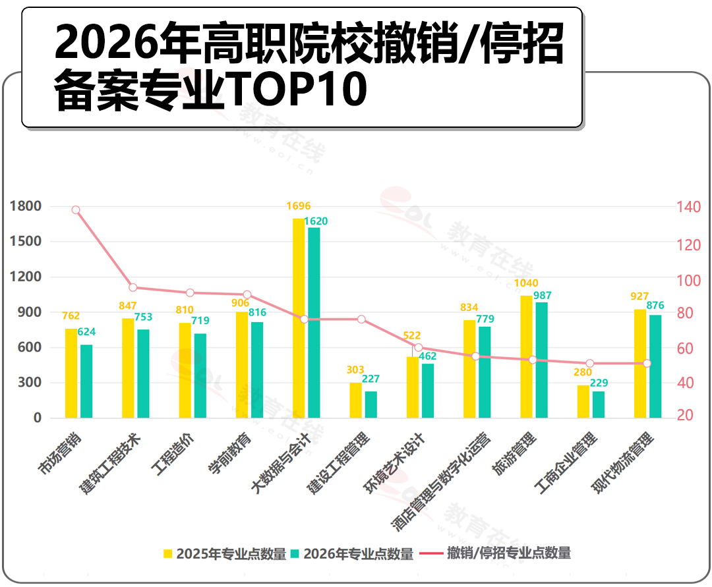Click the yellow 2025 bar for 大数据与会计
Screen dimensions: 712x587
click(299, 318)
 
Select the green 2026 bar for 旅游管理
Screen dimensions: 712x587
click(541, 360)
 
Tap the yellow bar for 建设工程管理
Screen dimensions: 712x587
click(355, 400)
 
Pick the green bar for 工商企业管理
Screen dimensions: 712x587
click(599, 405)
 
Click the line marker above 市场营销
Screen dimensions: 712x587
click(76, 210)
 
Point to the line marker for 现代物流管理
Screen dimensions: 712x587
click(647, 364)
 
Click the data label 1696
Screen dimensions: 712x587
click(299, 206)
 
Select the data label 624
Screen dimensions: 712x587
click(86, 331)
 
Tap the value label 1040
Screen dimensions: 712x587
click(526, 283)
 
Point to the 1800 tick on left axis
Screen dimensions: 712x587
click(26, 206)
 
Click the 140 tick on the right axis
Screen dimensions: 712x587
click(689, 207)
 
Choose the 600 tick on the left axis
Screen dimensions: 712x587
click(30, 347)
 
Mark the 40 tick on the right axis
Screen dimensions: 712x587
click(685, 382)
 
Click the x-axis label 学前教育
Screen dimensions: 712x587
click(229, 454)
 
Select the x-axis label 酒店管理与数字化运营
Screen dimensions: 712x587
click(441, 482)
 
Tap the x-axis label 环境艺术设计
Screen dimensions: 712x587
click(395, 462)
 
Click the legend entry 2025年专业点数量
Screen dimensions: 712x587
click(225, 553)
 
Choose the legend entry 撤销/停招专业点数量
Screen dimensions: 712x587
click(495, 553)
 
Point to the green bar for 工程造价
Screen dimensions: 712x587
click(200, 376)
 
